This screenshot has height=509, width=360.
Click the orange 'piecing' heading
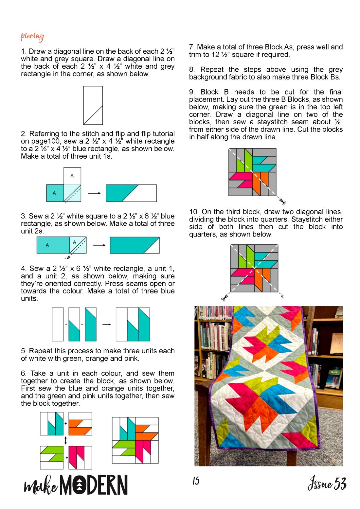32,37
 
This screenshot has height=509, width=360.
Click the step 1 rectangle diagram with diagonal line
93,105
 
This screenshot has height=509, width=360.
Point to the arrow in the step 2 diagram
94,193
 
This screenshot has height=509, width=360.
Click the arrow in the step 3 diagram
99,245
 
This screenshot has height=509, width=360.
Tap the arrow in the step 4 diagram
106,324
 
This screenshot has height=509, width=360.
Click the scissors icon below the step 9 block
282,201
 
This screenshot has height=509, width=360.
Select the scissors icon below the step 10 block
225,297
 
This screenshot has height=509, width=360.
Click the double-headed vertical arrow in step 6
66,441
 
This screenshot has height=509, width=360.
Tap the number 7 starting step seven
191,47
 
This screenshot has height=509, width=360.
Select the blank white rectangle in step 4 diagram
58,324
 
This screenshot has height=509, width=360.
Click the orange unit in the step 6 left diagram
80,424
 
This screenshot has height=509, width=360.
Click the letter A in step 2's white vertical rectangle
72,175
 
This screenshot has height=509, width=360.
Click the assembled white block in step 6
135,440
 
